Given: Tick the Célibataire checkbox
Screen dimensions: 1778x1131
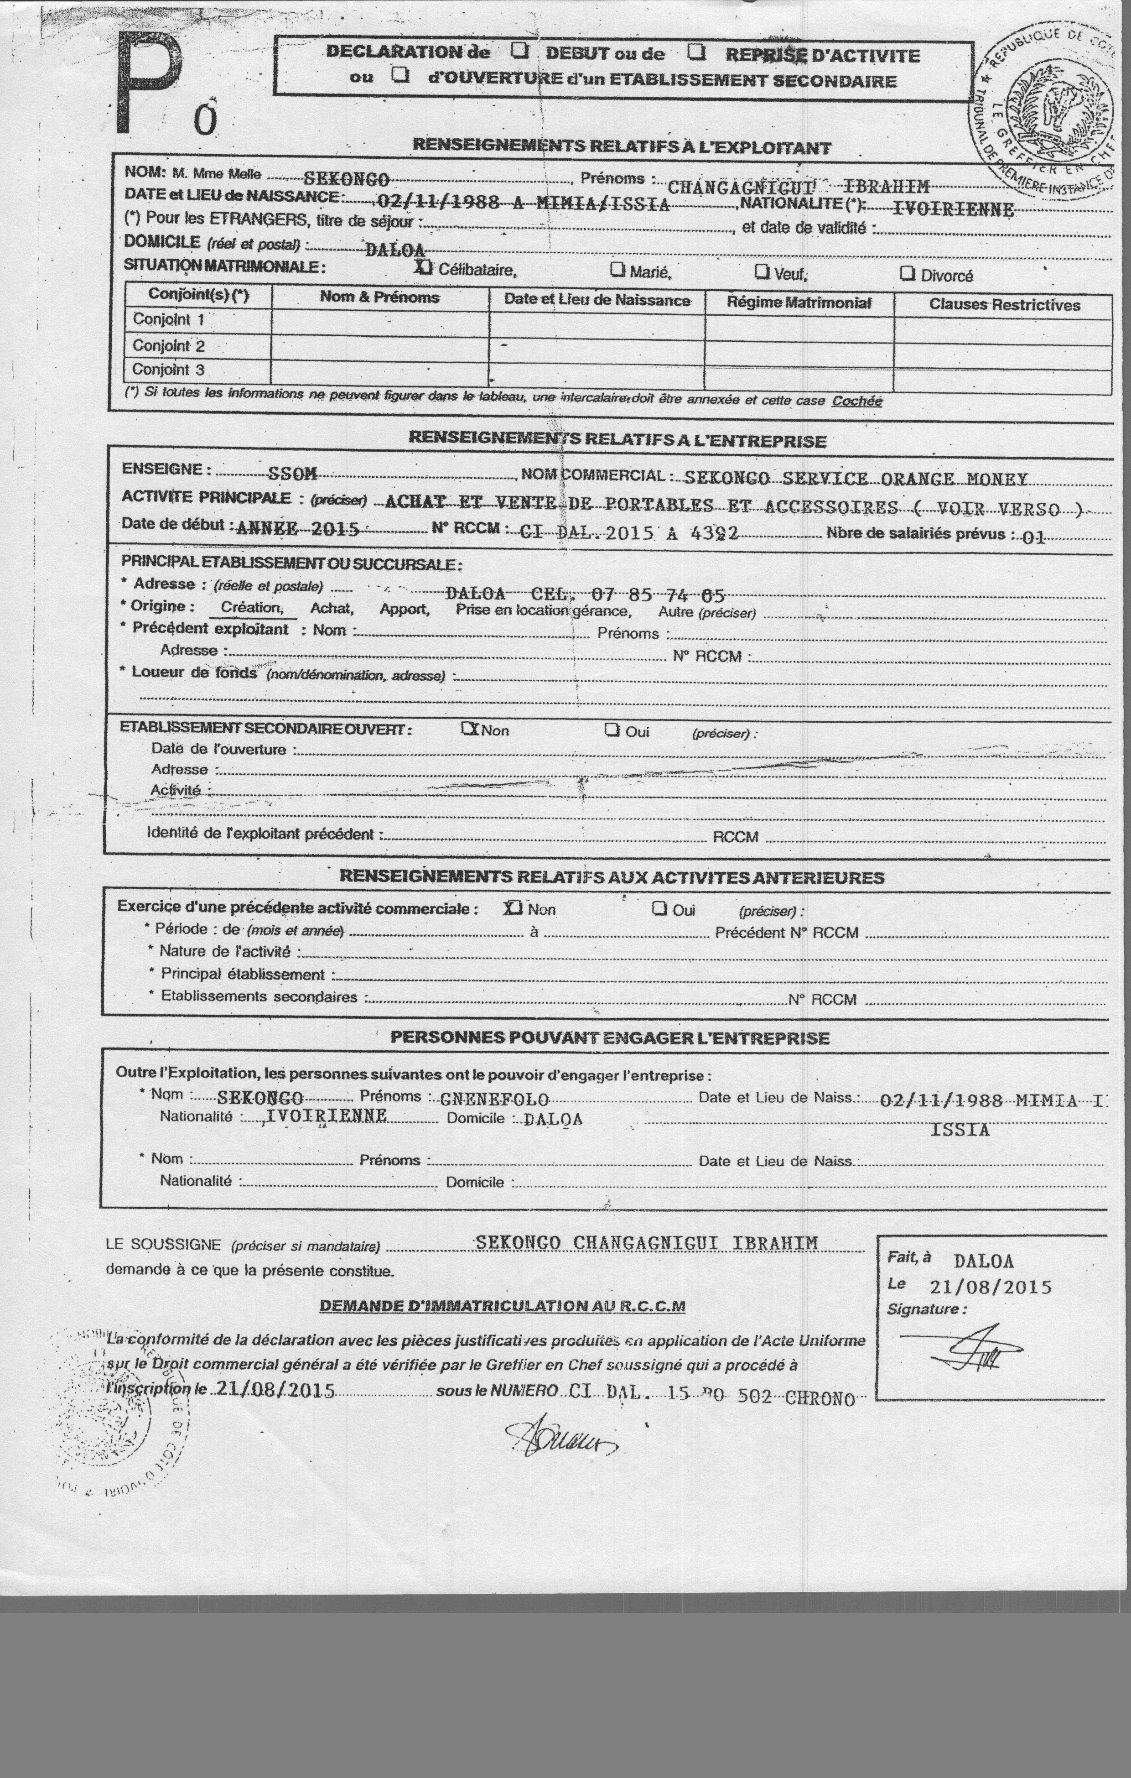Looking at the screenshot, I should tap(424, 267).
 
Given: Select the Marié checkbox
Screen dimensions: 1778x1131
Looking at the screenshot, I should tap(617, 270).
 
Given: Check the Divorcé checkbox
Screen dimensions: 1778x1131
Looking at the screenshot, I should tap(907, 274).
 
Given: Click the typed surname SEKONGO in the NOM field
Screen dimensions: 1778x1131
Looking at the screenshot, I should tap(347, 179).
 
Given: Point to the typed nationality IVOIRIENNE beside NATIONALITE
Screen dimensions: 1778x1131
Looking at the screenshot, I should tap(953, 209).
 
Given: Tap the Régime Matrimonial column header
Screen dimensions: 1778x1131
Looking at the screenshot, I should tap(799, 303).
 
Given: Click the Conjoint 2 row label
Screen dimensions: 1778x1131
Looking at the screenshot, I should tap(168, 345).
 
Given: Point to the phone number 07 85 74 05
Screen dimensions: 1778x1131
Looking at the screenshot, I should tap(657, 595).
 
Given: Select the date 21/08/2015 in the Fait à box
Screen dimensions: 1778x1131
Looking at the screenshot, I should tap(990, 1287).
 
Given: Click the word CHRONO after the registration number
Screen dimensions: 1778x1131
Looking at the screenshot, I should tap(820, 1398).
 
